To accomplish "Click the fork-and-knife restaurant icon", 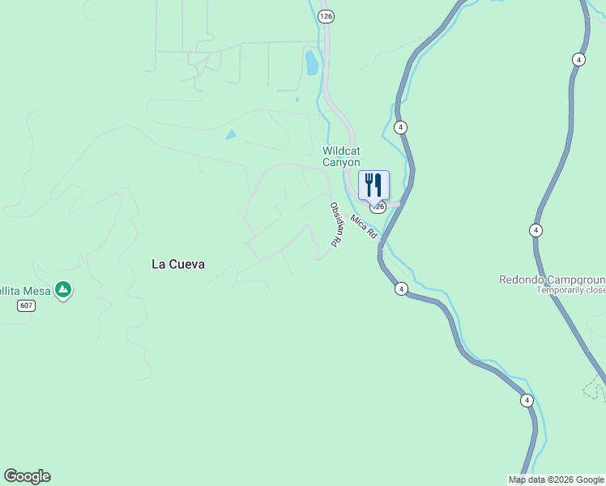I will coord(373,184).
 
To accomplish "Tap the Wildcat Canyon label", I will coord(341,156).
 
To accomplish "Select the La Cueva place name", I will coord(178,264).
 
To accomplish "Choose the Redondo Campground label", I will coord(552,279).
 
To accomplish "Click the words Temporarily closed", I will coord(571,290).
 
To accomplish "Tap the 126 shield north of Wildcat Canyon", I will coord(326,16).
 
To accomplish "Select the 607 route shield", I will coord(28,305).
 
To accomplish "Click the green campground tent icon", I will coord(63,289).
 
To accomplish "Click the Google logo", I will coord(27,476).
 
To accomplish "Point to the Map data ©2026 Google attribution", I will coord(556,480).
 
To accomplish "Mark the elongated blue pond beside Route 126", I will coord(312,62).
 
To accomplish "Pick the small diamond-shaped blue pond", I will coord(231,134).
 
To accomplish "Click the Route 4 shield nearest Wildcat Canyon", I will coord(400,127).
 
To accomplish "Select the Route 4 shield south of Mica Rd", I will coord(400,288).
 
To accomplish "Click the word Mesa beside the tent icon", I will coord(35,290).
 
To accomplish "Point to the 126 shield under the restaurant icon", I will coord(380,207).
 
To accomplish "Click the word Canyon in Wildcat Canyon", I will coord(341,163).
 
